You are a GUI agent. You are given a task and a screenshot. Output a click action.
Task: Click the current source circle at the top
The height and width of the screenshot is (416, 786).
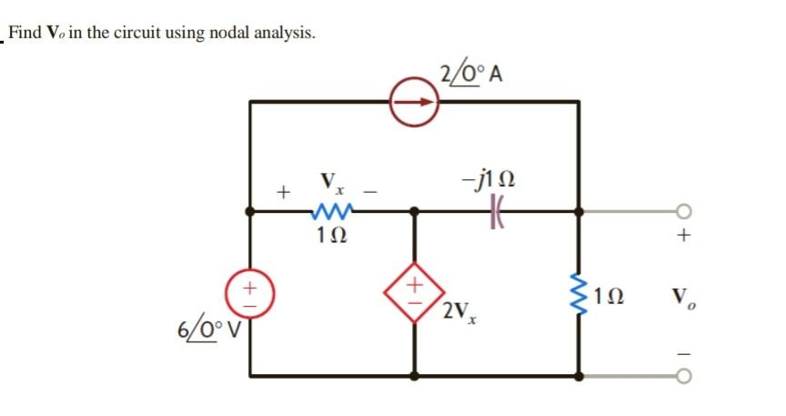click(x=415, y=102)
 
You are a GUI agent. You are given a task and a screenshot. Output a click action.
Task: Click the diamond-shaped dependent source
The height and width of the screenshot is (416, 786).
click(x=415, y=293)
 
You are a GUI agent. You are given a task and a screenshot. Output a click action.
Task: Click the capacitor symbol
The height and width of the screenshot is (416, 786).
click(x=496, y=210)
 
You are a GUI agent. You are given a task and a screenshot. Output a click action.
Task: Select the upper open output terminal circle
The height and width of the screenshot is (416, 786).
click(x=685, y=211)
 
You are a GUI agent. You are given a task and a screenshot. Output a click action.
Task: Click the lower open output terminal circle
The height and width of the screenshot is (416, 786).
click(x=685, y=375)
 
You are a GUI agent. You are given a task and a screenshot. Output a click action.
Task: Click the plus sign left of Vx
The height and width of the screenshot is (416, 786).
click(x=285, y=192)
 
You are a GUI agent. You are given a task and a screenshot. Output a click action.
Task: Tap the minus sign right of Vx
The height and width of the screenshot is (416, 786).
click(x=370, y=192)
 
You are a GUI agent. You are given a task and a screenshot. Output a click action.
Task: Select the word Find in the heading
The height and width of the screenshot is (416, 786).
click(x=25, y=34)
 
